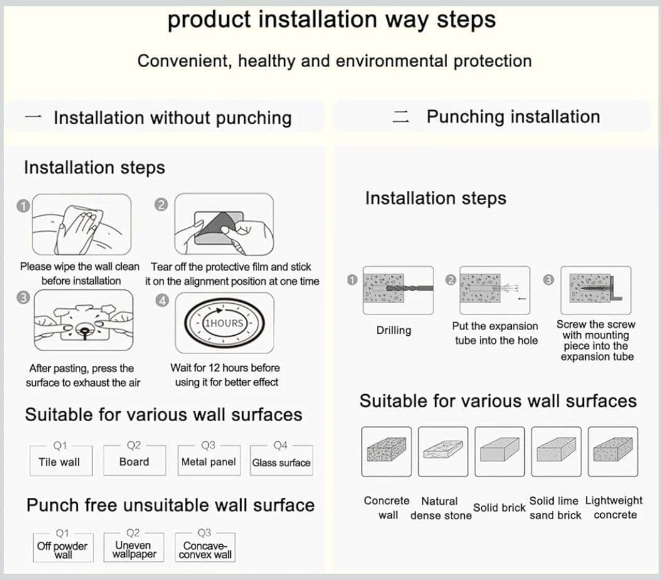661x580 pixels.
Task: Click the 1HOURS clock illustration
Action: tap(225, 323)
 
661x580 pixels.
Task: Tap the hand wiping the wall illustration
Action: tap(82, 224)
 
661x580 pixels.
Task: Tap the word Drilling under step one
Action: tap(394, 330)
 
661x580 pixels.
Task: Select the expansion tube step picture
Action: tap(495, 290)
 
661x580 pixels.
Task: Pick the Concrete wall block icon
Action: tap(386, 451)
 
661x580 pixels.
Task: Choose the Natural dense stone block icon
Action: tap(443, 451)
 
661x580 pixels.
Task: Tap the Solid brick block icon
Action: tap(499, 451)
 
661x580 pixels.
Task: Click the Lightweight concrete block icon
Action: tap(613, 451)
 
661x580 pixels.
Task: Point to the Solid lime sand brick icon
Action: tap(556, 451)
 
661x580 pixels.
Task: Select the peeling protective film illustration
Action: tap(224, 224)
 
